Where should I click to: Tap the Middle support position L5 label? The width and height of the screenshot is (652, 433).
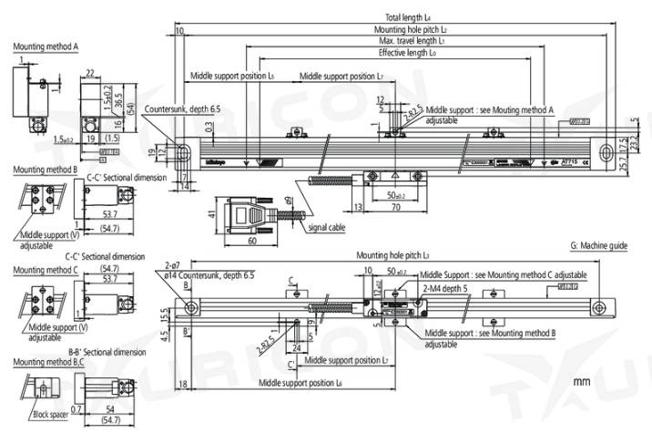(x=231, y=77)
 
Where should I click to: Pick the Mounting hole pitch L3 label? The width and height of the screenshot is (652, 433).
(x=392, y=256)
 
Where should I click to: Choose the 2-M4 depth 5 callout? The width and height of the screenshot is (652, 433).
(x=443, y=285)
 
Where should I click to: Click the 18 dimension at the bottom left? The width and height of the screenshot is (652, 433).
(x=186, y=386)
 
